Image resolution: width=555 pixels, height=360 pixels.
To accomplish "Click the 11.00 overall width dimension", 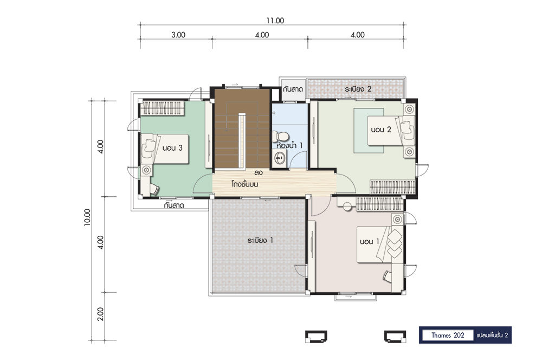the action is tap(275, 21).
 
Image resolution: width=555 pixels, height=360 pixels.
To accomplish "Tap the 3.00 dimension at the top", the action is tap(178, 35).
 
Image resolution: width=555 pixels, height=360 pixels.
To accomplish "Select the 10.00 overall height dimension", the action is tap(87, 217).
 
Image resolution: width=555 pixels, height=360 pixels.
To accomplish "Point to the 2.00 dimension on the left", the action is tap(100, 314).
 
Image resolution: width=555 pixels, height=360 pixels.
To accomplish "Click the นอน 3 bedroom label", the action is tap(172, 147).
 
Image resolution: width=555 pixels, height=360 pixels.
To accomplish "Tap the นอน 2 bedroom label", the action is tap(381, 130).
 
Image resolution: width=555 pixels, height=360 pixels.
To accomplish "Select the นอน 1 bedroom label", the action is tap(370, 241).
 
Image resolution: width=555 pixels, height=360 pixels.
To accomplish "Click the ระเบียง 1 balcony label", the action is tap(260, 240).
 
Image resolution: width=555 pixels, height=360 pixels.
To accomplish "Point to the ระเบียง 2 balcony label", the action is tap(358, 89).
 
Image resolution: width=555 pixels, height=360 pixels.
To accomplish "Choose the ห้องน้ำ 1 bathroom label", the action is tap(289, 145).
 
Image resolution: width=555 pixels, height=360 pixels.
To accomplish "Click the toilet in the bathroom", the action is tap(280, 136).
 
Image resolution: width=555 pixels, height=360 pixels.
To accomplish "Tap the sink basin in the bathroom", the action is tap(280, 158).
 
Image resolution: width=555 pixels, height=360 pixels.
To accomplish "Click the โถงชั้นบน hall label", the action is tap(244, 184).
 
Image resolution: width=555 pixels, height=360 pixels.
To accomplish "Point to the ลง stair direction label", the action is tap(258, 173).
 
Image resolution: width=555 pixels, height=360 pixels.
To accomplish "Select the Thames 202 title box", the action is tap(447, 335).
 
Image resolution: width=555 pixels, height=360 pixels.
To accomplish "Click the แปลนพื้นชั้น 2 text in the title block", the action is tap(492, 335).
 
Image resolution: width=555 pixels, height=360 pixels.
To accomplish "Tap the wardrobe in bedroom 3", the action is tap(163, 108).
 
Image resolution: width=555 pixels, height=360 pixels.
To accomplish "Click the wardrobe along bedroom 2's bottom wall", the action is tap(393, 187).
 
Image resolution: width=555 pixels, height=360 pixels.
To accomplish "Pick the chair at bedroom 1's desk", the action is tap(387, 276).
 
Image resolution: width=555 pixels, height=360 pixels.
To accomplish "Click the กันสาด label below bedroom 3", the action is tap(174, 205).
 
